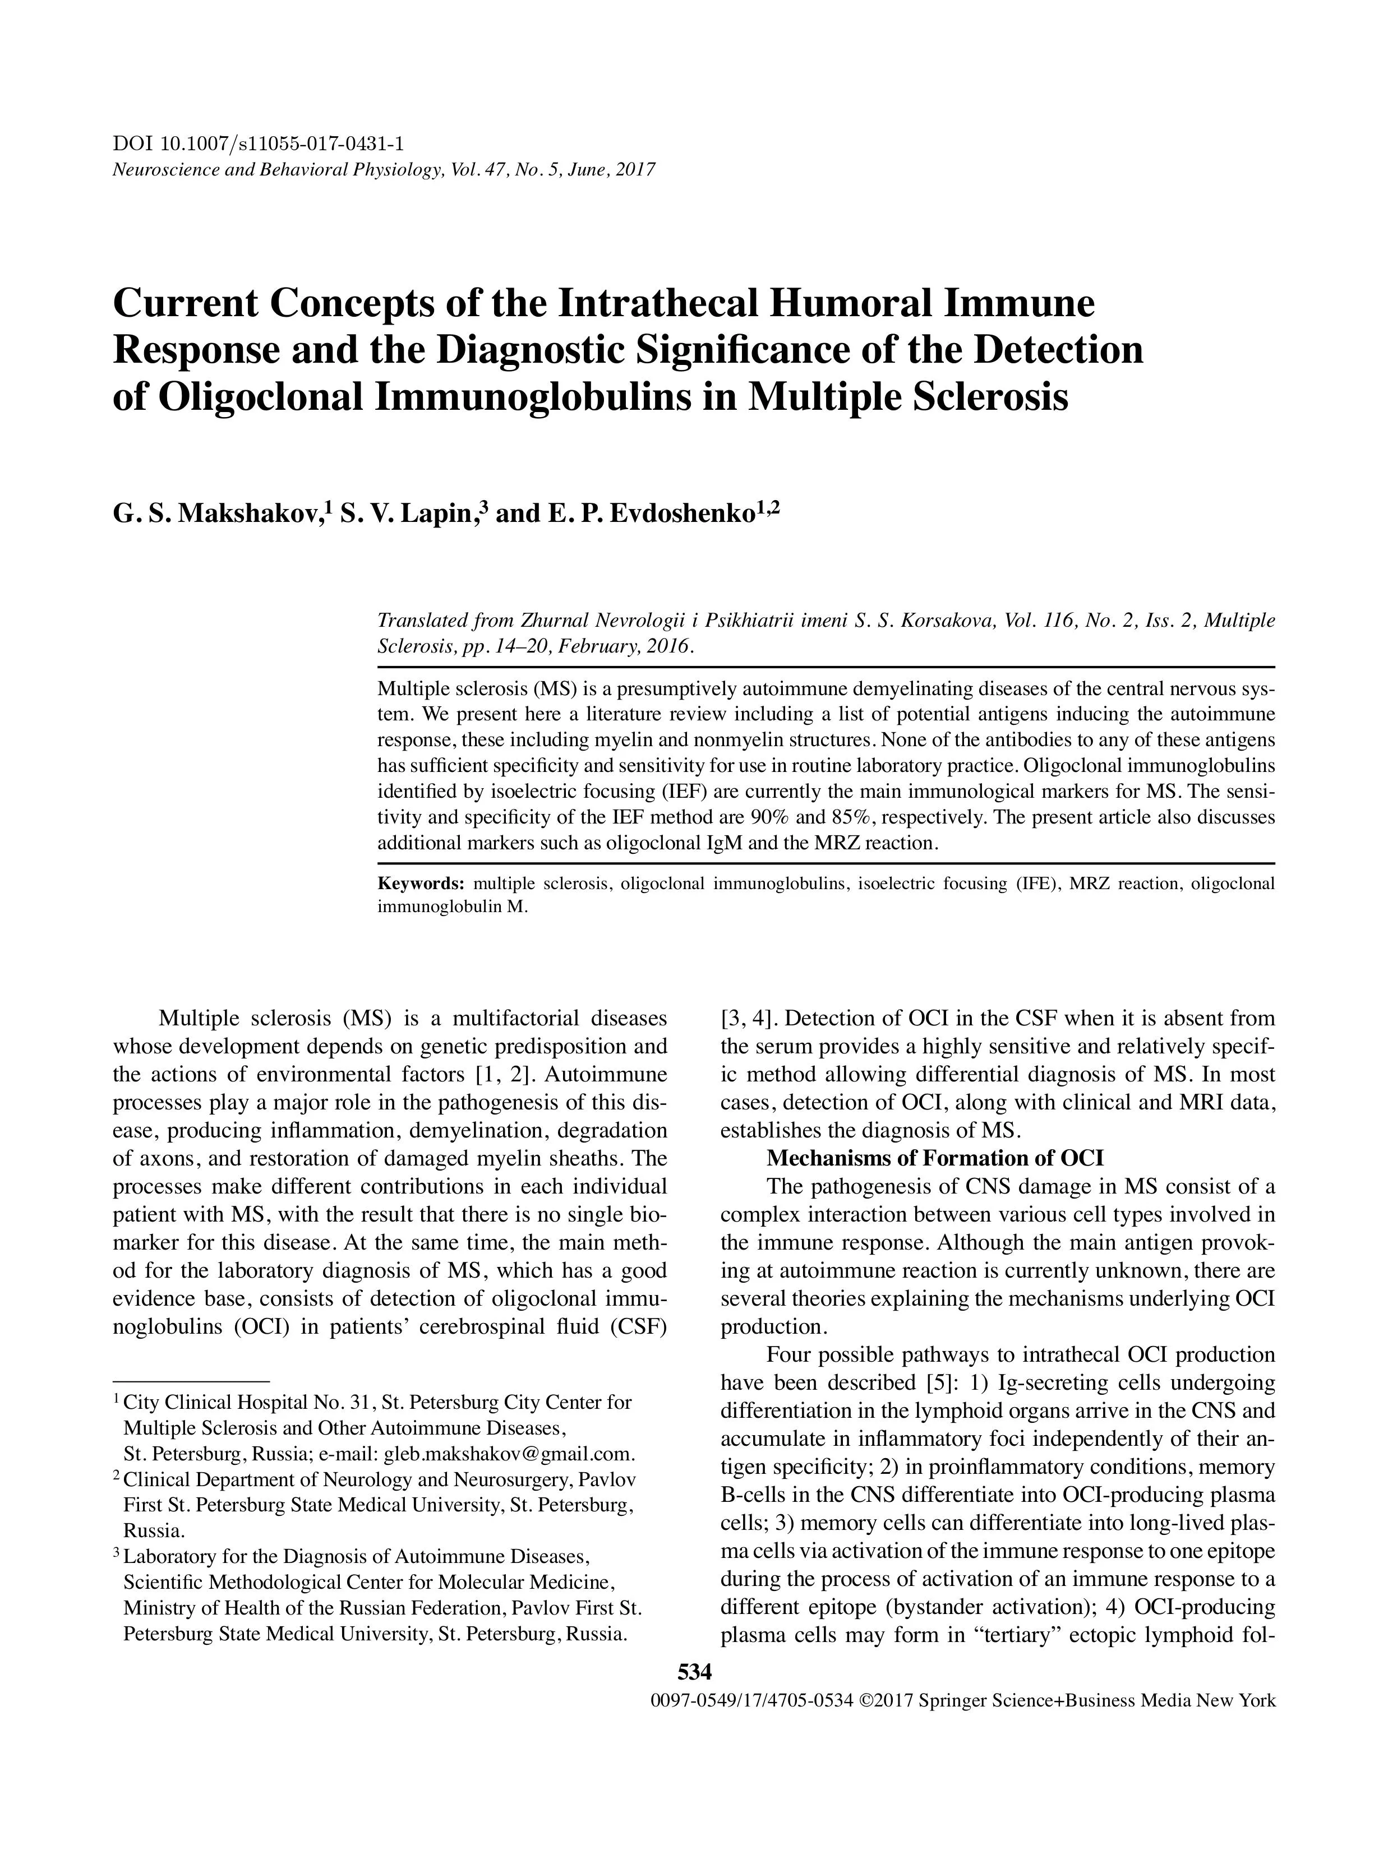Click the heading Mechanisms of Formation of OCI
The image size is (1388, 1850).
934,1158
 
